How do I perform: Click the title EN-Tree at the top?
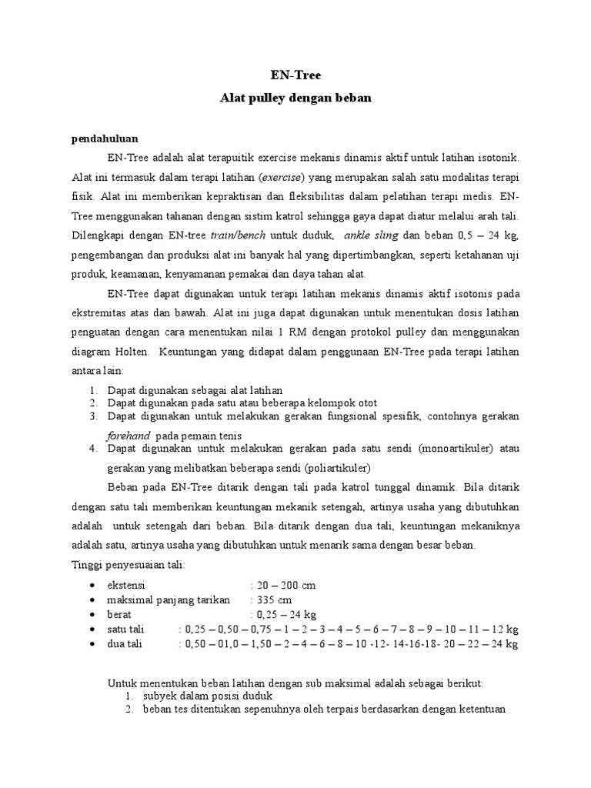pyautogui.click(x=295, y=75)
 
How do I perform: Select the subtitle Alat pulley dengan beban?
pyautogui.click(x=295, y=98)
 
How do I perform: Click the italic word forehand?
pyautogui.click(x=129, y=435)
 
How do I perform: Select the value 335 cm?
pyautogui.click(x=275, y=599)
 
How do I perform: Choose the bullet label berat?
pyautogui.click(x=120, y=614)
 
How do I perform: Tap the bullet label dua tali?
pyautogui.click(x=125, y=643)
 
